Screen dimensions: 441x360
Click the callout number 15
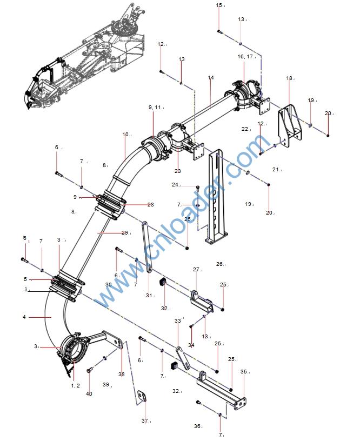point(219,5)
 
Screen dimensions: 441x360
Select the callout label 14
point(211,78)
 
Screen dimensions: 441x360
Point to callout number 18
point(290,78)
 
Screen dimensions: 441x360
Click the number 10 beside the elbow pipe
point(126,134)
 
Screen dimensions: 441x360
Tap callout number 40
point(89,393)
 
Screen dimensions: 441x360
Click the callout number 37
point(144,420)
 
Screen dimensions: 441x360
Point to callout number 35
point(244,372)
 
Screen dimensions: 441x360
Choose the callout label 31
point(150,295)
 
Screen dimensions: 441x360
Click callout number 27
point(197,269)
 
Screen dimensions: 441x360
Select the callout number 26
point(219,264)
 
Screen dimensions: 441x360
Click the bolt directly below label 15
point(219,31)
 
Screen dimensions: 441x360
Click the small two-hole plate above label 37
point(142,397)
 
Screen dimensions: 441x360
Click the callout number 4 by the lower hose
point(24,317)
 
